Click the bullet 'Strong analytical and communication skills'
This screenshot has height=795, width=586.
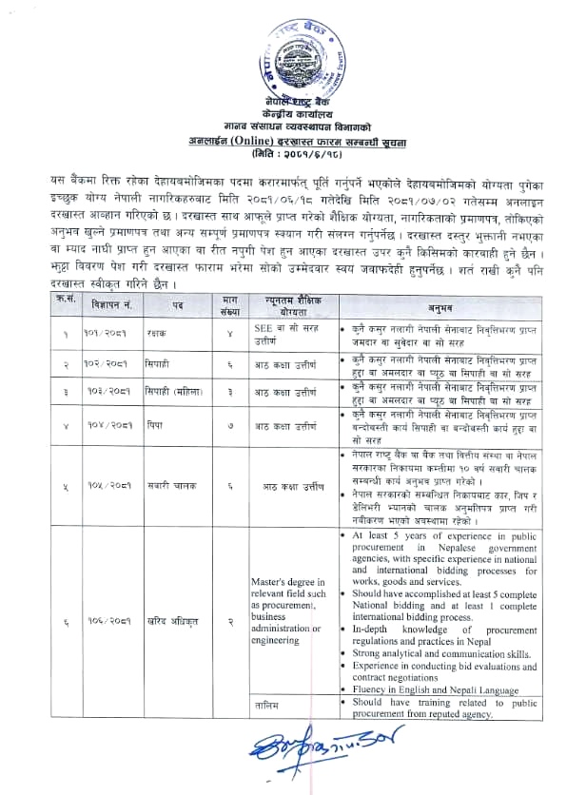coord(438,653)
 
